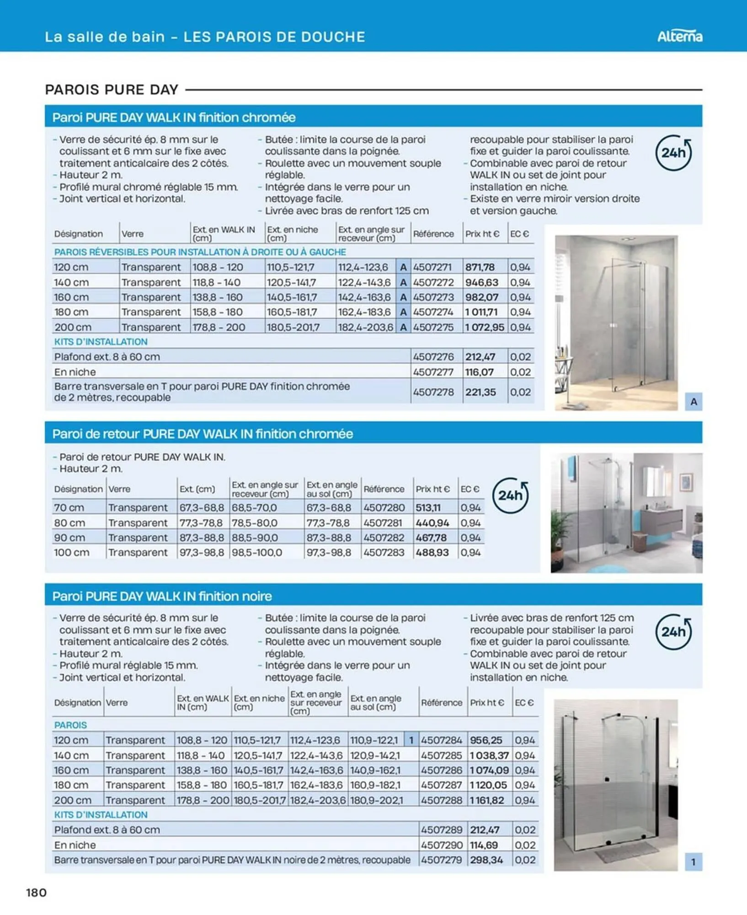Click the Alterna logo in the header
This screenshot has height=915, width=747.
[679, 36]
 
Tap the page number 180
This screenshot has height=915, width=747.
[37, 892]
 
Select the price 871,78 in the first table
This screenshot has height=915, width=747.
[480, 267]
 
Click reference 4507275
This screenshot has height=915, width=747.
[433, 327]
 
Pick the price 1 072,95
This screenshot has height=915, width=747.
[484, 327]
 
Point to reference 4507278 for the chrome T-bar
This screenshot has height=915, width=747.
[433, 392]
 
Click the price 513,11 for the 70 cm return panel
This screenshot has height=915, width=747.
[428, 507]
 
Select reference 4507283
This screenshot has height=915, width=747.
[384, 552]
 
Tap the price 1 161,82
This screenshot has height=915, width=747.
[487, 800]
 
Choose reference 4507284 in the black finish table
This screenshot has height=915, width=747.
[441, 740]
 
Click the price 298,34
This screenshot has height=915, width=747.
[486, 860]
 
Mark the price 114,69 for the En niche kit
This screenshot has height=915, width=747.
[484, 845]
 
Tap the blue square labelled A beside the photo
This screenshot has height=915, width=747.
[693, 402]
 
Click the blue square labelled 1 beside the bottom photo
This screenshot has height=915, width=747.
[693, 862]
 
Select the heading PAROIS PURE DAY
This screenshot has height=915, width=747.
[112, 90]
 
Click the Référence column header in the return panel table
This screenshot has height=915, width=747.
[384, 489]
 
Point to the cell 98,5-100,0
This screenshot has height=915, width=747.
[254, 552]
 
